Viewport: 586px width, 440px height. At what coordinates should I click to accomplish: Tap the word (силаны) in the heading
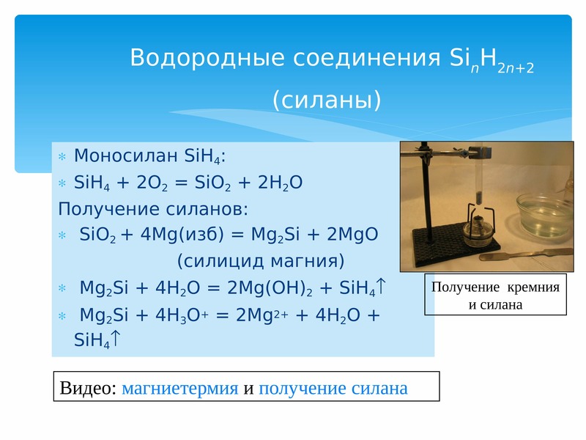[x=327, y=100]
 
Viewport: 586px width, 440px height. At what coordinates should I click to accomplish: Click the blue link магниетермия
[x=179, y=388]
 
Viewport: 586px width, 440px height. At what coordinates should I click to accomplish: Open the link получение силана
[x=333, y=388]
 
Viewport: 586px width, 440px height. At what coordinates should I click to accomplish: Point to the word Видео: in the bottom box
[x=88, y=388]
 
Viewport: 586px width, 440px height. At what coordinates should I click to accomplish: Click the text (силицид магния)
[x=261, y=261]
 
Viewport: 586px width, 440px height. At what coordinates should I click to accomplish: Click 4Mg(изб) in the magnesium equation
[x=182, y=235]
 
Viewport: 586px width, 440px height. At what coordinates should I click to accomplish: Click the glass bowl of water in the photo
[x=544, y=214]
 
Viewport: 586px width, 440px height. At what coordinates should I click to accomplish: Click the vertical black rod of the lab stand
[x=426, y=194]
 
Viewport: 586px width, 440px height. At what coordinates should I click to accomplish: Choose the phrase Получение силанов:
[x=153, y=209]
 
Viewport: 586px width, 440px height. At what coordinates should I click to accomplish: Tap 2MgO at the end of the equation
[x=352, y=235]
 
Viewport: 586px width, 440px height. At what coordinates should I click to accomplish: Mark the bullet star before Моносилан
[x=62, y=156]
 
